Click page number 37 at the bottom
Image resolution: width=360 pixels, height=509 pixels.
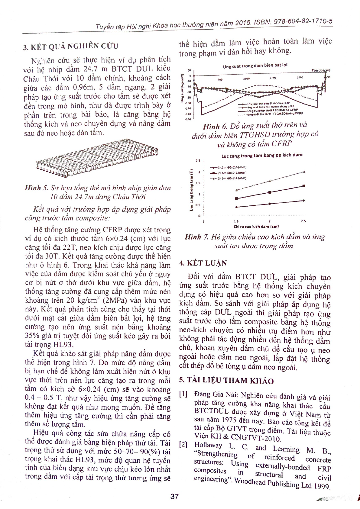[174, 496]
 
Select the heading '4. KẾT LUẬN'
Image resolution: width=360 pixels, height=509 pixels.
[203, 263]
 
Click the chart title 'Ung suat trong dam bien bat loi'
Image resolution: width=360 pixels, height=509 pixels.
[255, 66]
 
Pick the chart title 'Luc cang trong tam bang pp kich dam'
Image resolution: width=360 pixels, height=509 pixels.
[262, 156]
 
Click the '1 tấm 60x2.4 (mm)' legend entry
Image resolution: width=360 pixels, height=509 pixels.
[229, 167]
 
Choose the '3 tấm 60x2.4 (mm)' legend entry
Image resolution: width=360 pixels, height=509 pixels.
[229, 178]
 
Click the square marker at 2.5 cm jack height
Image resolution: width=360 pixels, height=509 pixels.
[303, 186]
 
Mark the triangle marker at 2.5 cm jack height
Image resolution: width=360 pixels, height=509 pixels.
[303, 172]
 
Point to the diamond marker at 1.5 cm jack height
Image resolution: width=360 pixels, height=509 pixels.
[236, 207]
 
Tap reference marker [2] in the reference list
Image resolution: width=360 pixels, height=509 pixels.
[183, 444]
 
